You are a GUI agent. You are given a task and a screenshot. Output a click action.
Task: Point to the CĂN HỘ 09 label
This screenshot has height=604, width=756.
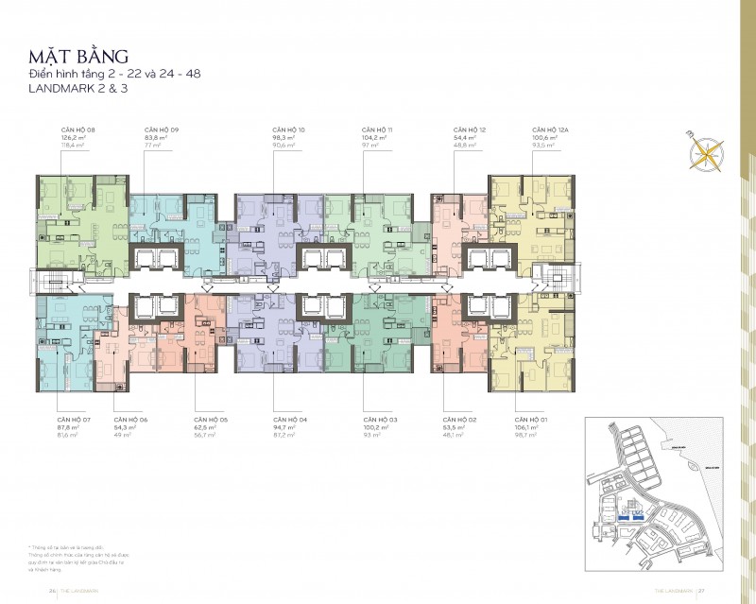162,129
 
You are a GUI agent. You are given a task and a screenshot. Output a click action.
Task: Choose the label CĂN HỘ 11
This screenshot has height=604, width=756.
376,129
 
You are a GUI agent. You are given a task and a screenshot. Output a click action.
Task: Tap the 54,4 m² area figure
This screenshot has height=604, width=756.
465,138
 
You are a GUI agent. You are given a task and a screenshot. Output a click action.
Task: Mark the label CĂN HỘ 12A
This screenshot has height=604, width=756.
550,129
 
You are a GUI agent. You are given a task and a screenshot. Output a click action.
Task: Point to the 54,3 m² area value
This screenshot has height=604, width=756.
125,427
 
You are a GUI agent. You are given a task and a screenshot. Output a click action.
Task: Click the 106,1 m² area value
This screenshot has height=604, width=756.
526,427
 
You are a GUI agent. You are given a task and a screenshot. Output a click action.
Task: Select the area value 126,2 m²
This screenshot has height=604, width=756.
73,138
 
